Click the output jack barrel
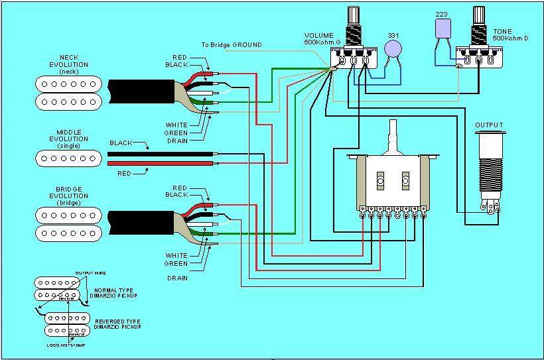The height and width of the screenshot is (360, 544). (x=488, y=166)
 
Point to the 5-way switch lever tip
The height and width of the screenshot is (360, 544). (x=394, y=126)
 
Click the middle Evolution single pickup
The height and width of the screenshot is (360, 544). (x=68, y=157)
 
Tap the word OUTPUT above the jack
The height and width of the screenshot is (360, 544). (x=489, y=125)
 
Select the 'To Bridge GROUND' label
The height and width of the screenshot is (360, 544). (x=232, y=45)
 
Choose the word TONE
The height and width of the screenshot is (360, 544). (x=502, y=31)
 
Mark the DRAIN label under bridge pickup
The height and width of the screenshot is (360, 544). (x=176, y=278)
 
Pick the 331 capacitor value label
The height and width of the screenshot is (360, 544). (x=393, y=35)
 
